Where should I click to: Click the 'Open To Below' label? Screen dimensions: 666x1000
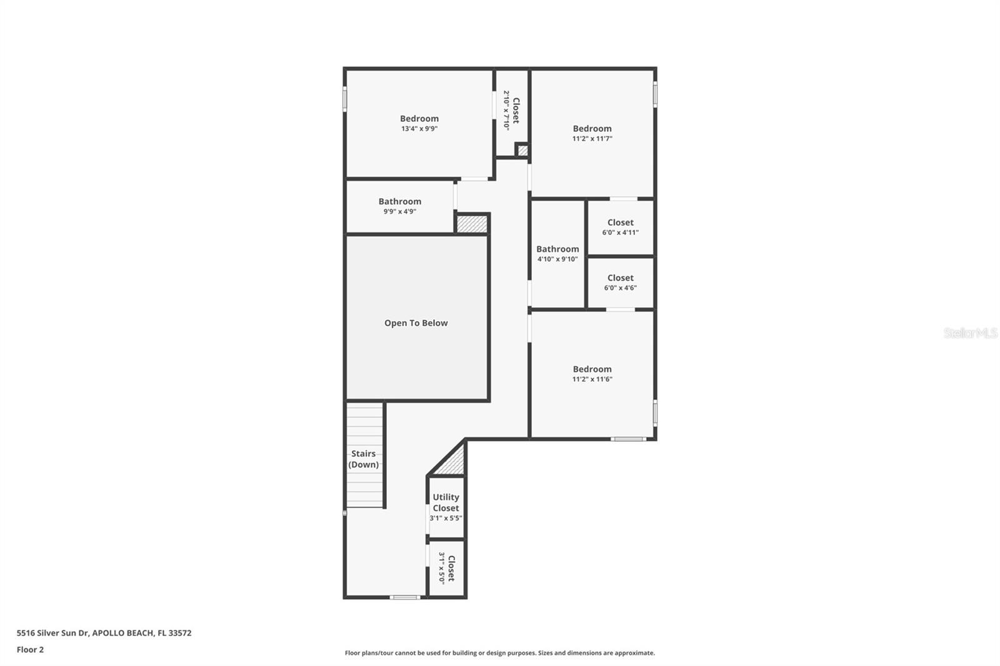click(x=416, y=323)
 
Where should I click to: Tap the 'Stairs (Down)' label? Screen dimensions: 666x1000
click(x=364, y=459)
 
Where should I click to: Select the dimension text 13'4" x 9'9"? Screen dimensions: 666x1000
click(x=419, y=129)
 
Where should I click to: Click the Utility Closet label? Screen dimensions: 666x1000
click(x=446, y=502)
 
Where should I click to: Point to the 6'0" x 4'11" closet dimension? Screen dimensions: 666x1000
click(x=620, y=232)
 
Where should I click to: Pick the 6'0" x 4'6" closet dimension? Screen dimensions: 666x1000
click(x=620, y=288)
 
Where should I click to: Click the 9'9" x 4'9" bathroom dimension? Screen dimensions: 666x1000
click(x=399, y=212)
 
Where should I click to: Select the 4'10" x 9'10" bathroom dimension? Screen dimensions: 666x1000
click(x=557, y=259)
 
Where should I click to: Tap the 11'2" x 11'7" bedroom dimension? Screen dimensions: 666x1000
click(x=592, y=139)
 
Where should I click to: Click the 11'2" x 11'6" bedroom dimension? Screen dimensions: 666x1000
click(x=592, y=379)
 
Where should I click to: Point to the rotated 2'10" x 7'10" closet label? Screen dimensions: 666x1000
click(x=511, y=110)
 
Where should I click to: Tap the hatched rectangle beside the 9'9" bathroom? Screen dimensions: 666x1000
click(x=472, y=224)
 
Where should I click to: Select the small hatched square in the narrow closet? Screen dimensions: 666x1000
click(x=522, y=151)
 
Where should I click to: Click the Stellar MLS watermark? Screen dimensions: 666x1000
click(x=970, y=333)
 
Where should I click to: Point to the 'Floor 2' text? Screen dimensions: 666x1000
click(x=30, y=650)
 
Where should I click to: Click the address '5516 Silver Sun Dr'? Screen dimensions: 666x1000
click(x=52, y=633)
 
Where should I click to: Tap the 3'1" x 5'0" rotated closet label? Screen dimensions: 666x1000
click(x=446, y=568)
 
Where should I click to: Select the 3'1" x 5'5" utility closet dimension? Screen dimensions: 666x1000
click(x=446, y=519)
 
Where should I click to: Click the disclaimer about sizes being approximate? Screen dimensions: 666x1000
click(x=499, y=653)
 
